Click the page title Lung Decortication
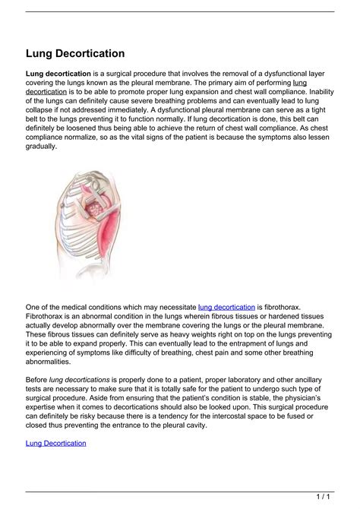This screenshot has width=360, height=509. tap(75, 54)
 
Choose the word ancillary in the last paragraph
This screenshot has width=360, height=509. tap(317, 379)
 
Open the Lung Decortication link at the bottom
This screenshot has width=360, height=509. tap(56, 443)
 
